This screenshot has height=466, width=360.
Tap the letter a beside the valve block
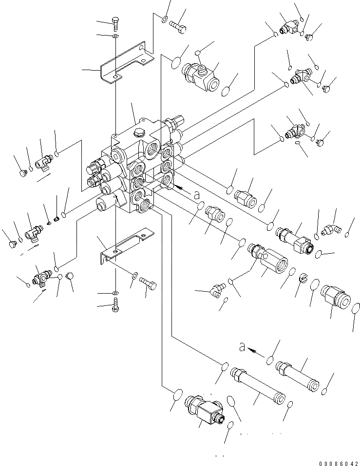coord(197,195)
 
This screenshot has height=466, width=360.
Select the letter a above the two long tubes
coord(242,347)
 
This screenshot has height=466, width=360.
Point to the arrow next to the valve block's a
coord(181,187)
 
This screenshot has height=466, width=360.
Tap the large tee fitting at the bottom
coord(203,408)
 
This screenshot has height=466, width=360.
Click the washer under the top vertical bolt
coord(115,36)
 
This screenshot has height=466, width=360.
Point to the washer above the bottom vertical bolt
coord(115,294)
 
